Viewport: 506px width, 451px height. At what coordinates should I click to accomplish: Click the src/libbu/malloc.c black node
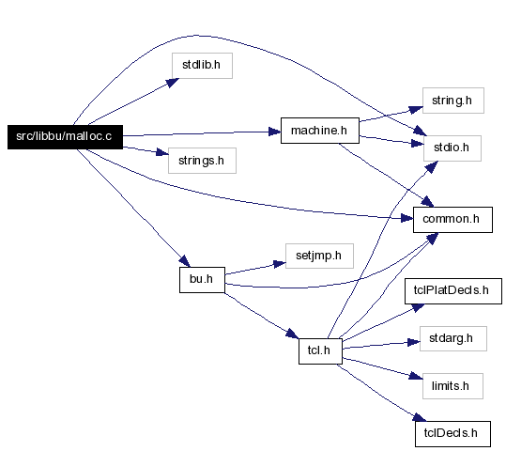65,137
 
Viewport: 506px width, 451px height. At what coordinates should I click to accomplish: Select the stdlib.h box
202,66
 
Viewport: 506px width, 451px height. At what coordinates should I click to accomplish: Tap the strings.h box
202,161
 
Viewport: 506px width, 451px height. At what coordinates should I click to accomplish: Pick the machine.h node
320,131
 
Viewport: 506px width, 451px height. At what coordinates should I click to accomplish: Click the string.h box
453,101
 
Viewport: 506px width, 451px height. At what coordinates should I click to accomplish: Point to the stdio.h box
452,148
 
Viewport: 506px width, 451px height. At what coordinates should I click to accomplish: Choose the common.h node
452,220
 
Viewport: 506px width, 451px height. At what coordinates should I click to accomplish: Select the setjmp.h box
319,256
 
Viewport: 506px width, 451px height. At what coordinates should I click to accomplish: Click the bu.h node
202,280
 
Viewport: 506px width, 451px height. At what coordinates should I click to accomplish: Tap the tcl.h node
320,351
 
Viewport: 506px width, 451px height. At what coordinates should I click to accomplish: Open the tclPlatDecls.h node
453,291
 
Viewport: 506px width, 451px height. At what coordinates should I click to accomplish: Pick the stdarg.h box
453,338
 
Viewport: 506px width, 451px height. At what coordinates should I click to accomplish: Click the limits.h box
452,386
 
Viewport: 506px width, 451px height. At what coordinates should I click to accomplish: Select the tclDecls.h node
452,434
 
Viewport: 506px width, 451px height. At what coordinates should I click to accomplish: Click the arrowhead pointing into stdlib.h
173,82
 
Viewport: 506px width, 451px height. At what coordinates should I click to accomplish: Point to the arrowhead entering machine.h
275,132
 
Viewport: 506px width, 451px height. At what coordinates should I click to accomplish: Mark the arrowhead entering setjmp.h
280,264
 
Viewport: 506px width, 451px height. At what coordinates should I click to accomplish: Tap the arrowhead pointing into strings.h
162,152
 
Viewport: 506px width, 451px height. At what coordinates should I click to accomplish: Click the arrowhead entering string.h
416,110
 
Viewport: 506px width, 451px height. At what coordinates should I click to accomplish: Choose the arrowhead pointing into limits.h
416,376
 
